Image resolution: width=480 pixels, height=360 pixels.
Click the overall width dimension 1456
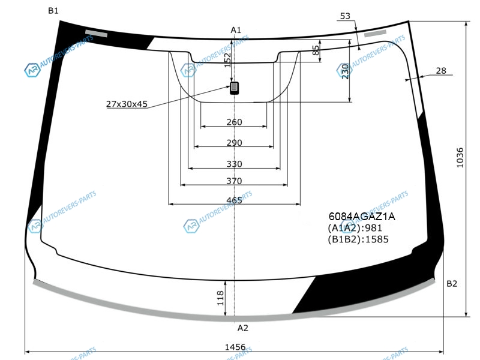[235, 347]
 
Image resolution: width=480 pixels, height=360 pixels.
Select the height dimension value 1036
[460, 158]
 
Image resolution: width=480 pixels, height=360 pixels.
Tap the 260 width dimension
[234, 122]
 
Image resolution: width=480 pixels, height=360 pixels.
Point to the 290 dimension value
[234, 143]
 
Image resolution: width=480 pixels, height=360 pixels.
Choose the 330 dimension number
[234, 164]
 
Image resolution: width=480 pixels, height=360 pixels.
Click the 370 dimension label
[234, 181]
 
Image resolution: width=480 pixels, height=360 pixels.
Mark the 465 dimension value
[234, 200]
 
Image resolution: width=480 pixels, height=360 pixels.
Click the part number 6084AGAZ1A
[362, 217]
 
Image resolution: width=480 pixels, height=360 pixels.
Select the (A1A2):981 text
[355, 228]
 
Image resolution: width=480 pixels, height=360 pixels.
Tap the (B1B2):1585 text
[358, 239]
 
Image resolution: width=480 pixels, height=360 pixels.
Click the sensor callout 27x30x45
[127, 104]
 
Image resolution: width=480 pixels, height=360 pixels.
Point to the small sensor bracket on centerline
[234, 88]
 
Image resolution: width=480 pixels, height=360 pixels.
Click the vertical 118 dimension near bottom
[220, 298]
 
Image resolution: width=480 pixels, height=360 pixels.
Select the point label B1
[53, 11]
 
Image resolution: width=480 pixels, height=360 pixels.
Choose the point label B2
[452, 284]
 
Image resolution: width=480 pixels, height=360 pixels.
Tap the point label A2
[243, 328]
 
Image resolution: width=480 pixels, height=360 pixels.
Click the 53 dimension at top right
[345, 16]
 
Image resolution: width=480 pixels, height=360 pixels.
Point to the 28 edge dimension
[441, 71]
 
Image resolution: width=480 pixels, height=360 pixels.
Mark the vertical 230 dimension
[346, 71]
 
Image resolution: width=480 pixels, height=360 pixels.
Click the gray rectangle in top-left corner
[96, 34]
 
